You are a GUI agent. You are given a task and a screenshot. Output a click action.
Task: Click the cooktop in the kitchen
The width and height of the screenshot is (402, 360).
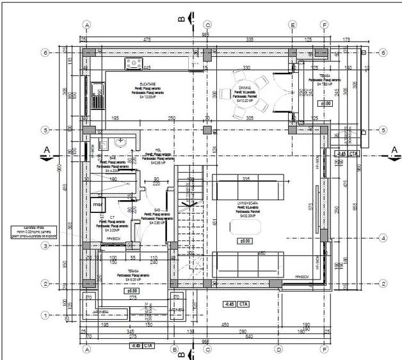point(134,63)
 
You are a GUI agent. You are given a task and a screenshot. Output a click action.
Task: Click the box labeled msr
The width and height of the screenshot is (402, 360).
point(98,204)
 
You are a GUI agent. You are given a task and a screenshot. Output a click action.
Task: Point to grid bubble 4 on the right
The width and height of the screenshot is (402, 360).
point(383,238)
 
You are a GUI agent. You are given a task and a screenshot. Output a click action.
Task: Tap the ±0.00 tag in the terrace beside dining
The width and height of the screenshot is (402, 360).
point(326,102)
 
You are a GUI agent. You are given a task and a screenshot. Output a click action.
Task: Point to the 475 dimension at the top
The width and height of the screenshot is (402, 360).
point(147,40)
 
